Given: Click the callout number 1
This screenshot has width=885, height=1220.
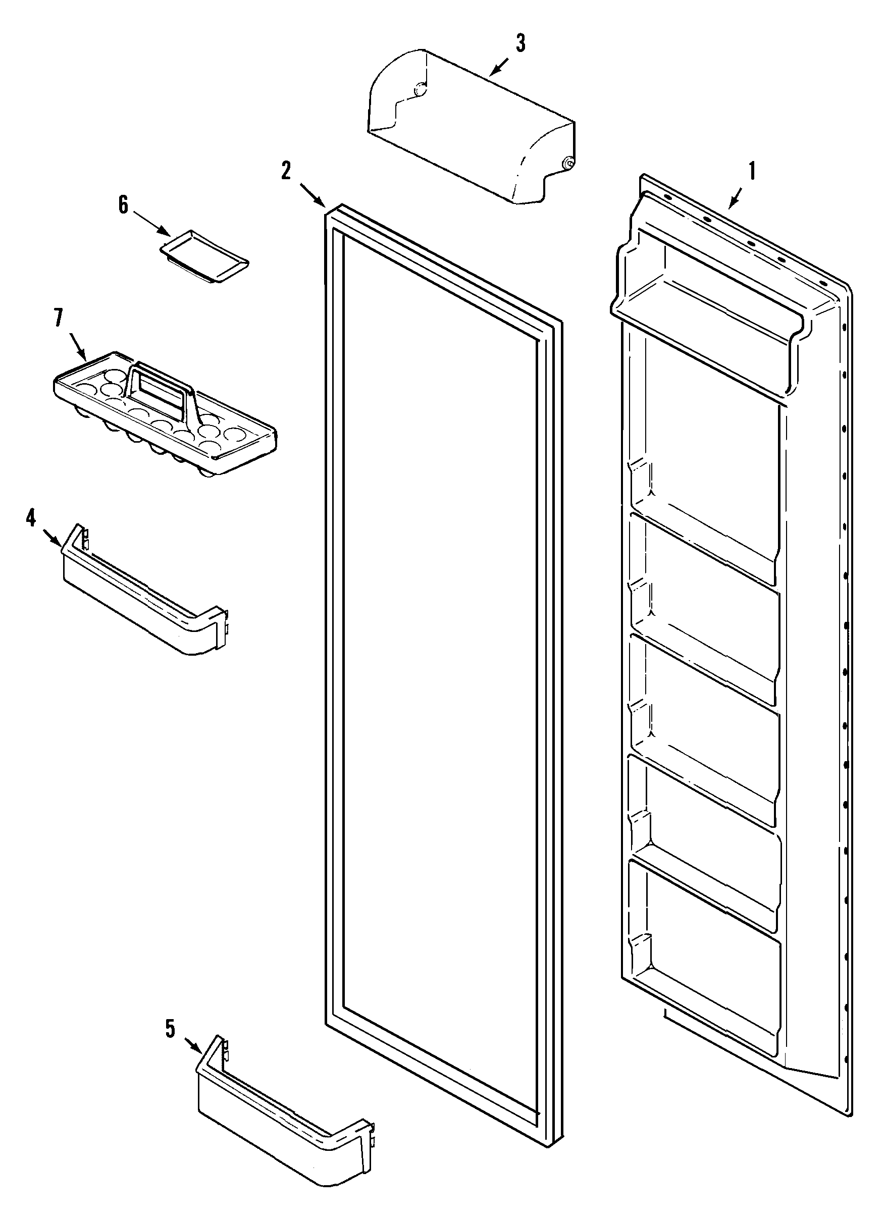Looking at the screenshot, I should point(752,172).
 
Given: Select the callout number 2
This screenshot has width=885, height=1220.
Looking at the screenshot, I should point(286,171).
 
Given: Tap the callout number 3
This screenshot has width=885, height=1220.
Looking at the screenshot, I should point(519,43).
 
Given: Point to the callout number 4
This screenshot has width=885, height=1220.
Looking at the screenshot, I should point(31,518).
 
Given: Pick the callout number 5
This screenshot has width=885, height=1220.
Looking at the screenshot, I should point(170,1030).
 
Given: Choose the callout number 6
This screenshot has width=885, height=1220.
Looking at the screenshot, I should point(124,205).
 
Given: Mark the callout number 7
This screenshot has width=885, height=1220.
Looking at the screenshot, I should point(58,319).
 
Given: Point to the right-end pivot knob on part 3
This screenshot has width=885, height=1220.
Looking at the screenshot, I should point(567,163).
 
